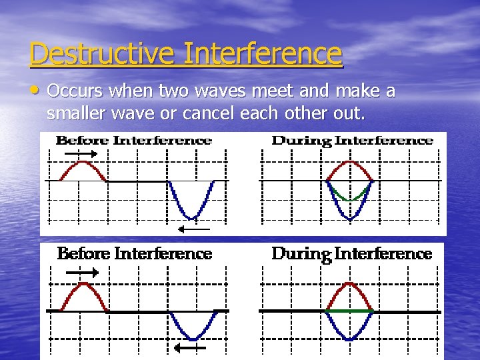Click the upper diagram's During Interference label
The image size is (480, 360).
pos(353,141)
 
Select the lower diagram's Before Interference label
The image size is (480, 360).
pos(134,254)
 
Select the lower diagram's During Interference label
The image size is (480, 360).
pos(352,254)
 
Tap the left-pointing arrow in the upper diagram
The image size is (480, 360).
pos(194,229)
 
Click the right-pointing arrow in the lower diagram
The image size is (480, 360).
pos(83,272)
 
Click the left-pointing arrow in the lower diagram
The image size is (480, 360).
pos(190,347)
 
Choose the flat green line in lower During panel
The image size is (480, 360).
pos(350,311)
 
